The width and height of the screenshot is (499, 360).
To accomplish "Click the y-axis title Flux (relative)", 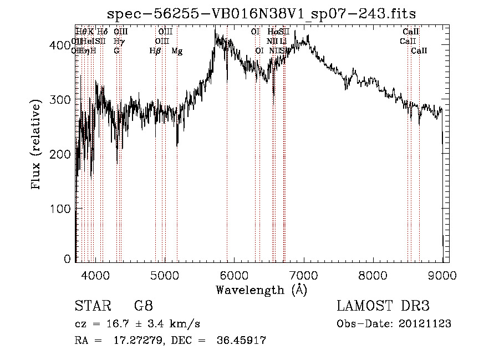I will (37, 145).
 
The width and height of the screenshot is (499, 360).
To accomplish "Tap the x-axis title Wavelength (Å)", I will (261, 290).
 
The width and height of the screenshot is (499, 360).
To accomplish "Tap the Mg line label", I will (177, 51).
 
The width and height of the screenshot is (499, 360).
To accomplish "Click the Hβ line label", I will (155, 51).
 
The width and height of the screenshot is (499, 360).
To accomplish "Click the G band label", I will (116, 51).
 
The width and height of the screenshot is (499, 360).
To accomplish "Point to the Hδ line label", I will (103, 32).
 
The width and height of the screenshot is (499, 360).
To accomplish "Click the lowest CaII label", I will (419, 51).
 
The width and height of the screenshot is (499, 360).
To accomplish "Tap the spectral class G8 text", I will (143, 306).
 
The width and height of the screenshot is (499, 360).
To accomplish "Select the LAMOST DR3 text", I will (383, 306).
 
